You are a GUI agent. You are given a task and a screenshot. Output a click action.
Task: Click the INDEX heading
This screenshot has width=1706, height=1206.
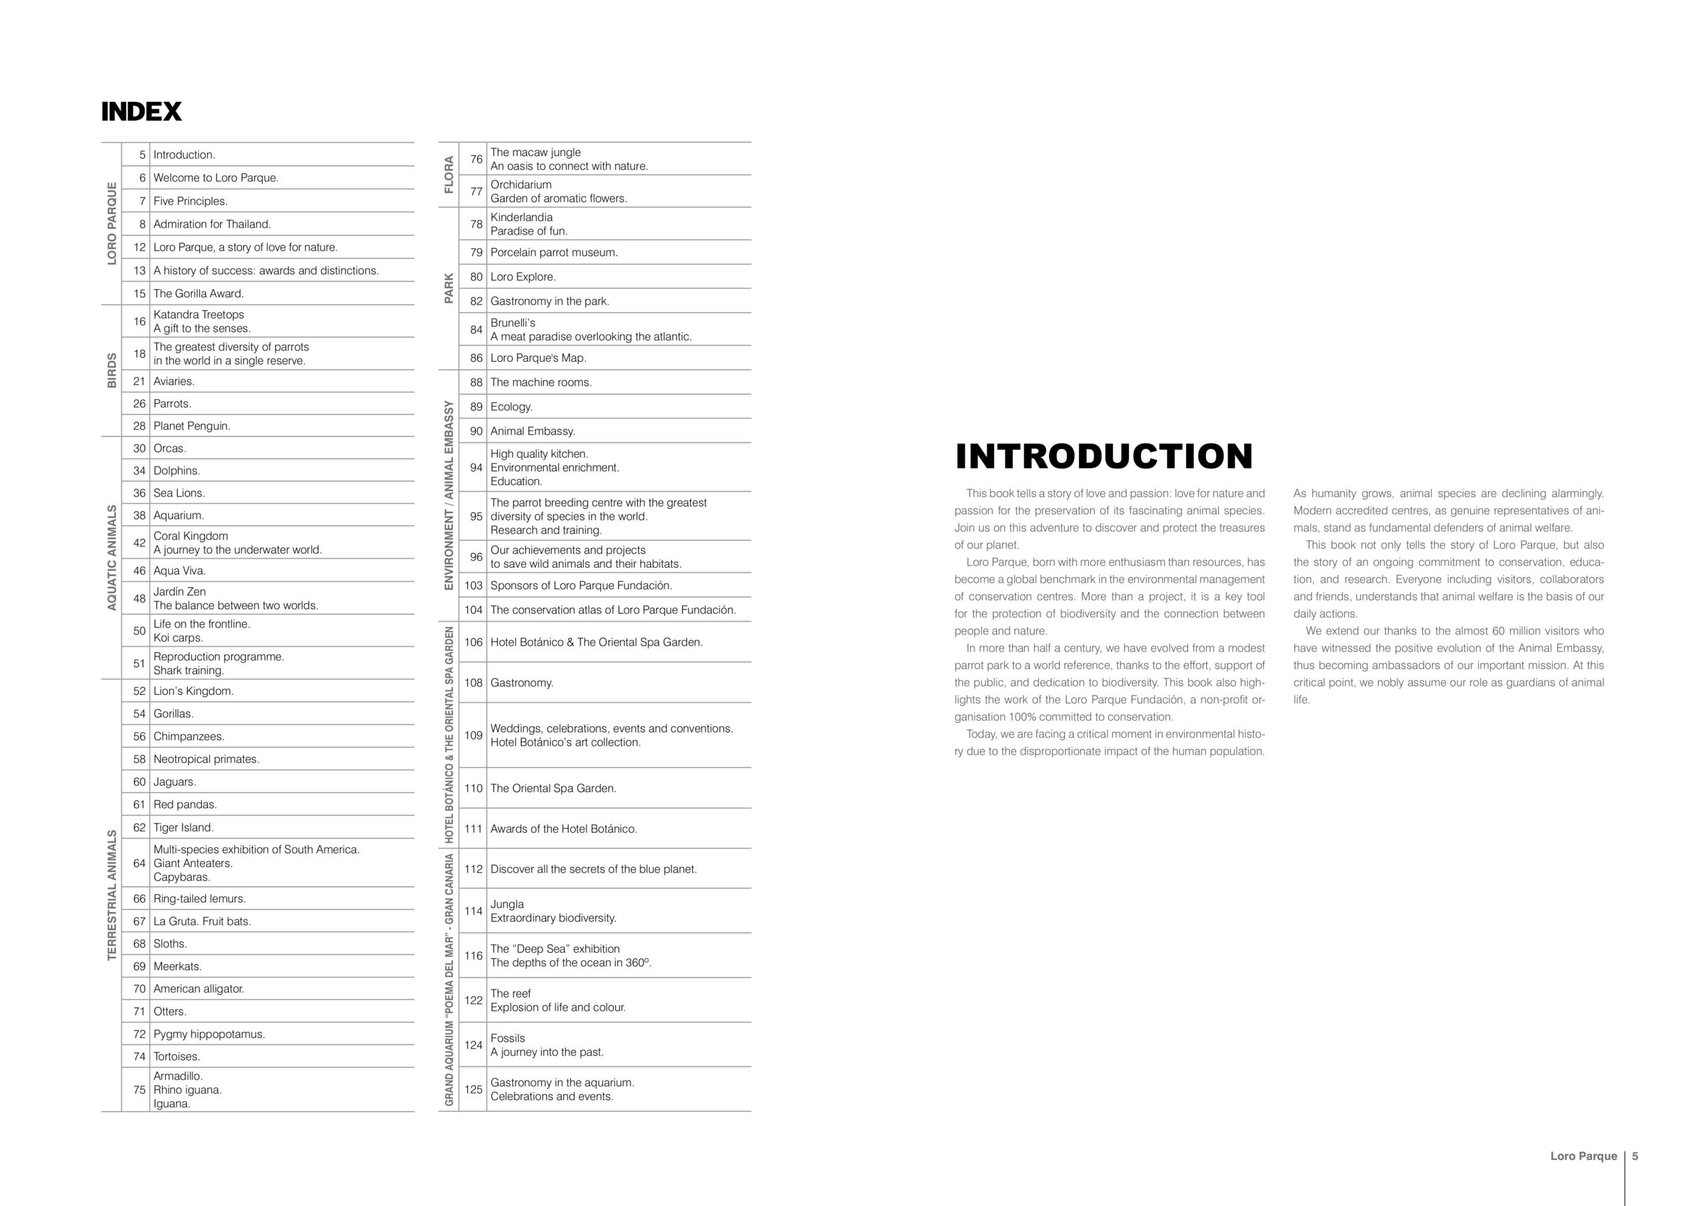pyautogui.click(x=141, y=112)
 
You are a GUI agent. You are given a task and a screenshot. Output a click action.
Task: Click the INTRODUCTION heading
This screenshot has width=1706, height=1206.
pyautogui.click(x=1104, y=456)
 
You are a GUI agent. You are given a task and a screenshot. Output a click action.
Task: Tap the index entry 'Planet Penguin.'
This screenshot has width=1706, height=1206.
pyautogui.click(x=192, y=426)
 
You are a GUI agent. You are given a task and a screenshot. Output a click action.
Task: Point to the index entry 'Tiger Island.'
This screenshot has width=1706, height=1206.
pyautogui.click(x=183, y=828)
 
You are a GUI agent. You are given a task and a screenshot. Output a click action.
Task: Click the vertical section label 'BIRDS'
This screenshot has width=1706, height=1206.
pyautogui.click(x=112, y=370)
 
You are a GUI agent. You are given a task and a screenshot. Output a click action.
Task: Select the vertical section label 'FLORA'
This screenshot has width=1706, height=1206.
pyautogui.click(x=448, y=175)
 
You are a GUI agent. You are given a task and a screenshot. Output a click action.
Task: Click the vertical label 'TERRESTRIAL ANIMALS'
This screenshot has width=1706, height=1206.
pyautogui.click(x=112, y=895)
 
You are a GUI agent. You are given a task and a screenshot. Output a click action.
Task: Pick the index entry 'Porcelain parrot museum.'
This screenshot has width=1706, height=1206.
pyautogui.click(x=554, y=253)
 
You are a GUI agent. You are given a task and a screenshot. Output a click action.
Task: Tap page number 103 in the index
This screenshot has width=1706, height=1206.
pyautogui.click(x=473, y=586)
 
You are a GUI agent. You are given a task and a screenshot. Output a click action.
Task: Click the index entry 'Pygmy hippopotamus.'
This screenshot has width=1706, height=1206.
pyautogui.click(x=209, y=1034)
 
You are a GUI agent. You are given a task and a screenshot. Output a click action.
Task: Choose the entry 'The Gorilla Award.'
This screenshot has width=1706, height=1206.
pyautogui.click(x=199, y=294)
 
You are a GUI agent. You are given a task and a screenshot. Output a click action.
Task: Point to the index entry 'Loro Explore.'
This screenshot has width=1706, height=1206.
pyautogui.click(x=522, y=277)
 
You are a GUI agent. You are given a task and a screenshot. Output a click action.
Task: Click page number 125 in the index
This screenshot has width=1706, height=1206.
pyautogui.click(x=473, y=1089)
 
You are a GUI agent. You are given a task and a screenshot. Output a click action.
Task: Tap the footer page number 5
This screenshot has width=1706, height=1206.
pyautogui.click(x=1635, y=1156)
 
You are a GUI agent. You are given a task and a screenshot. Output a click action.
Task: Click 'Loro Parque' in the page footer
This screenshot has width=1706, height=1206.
pyautogui.click(x=1583, y=1156)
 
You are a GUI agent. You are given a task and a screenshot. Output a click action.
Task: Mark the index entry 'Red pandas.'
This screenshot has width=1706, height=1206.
pyautogui.click(x=185, y=805)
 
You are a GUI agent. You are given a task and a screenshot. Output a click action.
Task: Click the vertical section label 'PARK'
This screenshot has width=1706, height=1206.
pyautogui.click(x=448, y=289)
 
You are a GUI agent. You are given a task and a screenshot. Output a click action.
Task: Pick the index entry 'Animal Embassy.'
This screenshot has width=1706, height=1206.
pyautogui.click(x=532, y=432)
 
